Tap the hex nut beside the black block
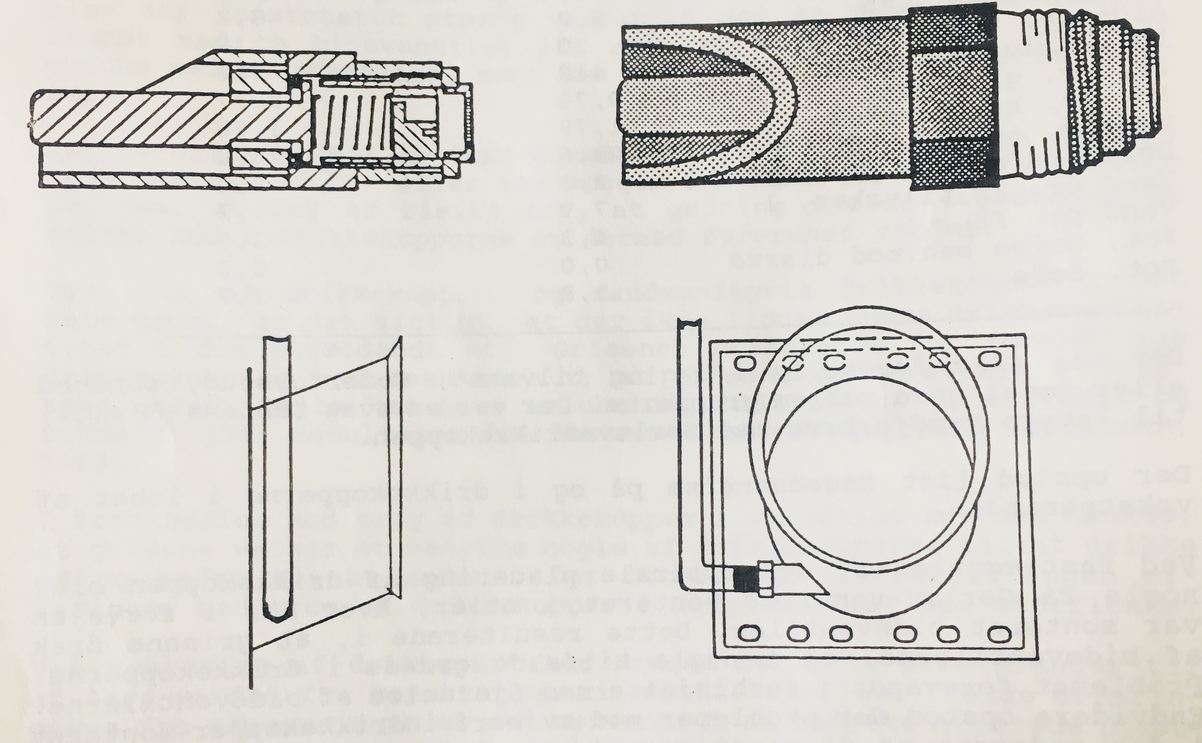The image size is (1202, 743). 763,579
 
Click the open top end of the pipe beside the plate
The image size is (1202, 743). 689,325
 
